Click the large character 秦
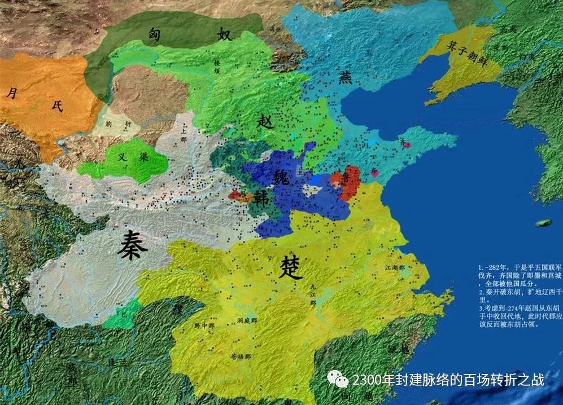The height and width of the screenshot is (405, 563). click(x=129, y=246)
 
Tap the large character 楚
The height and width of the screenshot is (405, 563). click(x=291, y=269)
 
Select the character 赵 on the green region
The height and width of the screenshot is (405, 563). click(x=264, y=120)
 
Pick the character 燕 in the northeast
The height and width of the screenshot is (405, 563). click(x=345, y=77)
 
